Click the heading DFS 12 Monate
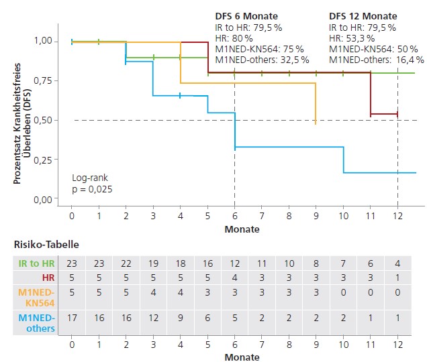click(363, 16)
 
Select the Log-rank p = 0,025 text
click(92, 184)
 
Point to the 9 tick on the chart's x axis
click(316, 217)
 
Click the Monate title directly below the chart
click(242, 229)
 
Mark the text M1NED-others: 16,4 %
click(376, 59)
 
